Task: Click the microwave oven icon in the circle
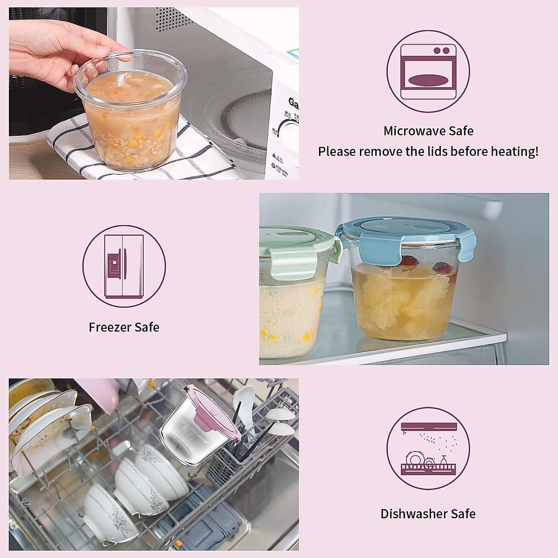click(428, 72)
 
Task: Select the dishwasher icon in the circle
click(428, 449)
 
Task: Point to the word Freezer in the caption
click(110, 327)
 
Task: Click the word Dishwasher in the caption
click(408, 514)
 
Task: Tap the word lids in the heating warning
click(452, 152)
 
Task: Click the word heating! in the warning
click(515, 152)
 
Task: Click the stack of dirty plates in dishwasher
click(42, 428)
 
